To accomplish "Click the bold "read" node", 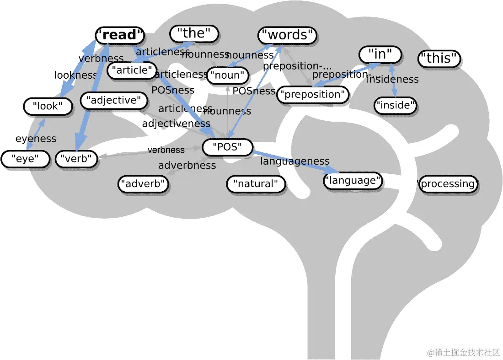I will pos(120,35).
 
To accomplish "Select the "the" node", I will pos(194,33).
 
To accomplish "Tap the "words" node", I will pos(287,35).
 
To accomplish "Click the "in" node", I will pos(380,54).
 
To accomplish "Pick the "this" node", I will pos(439,58).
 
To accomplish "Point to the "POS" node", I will pos(227,147).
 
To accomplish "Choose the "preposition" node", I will pos(313,95).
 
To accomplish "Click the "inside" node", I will pos(396,106).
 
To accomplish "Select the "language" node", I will pos(353,181).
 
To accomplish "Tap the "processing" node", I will pos(448,184).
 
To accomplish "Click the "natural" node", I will pos(256,184).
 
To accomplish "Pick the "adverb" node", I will pos(143,184).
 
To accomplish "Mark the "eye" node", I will pos(25,159).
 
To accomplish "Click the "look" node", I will pos(48,107).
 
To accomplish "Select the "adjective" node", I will pos(114,101).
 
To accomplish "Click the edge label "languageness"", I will pos(295,161).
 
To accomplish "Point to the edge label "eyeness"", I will pos(36,139).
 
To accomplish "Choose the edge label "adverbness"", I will pos(187,165).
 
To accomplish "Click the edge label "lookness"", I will pos(76,75).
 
